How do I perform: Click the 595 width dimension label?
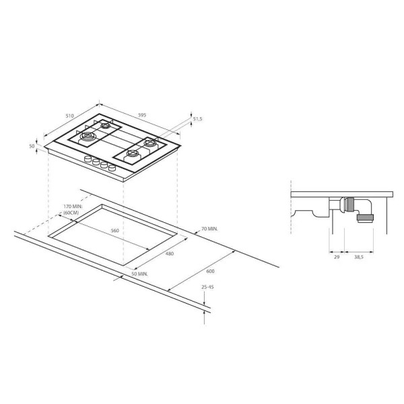[x=142, y=115]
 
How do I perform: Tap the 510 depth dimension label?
[x=69, y=116]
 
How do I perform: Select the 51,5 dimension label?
[x=197, y=119]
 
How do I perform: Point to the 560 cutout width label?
[x=115, y=230]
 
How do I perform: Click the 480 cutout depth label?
[x=170, y=254]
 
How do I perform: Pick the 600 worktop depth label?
[x=210, y=271]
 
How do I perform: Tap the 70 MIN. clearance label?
[x=209, y=228]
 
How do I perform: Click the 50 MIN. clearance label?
[x=139, y=274]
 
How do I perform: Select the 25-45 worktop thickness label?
[x=207, y=287]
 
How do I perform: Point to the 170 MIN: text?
[x=73, y=207]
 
